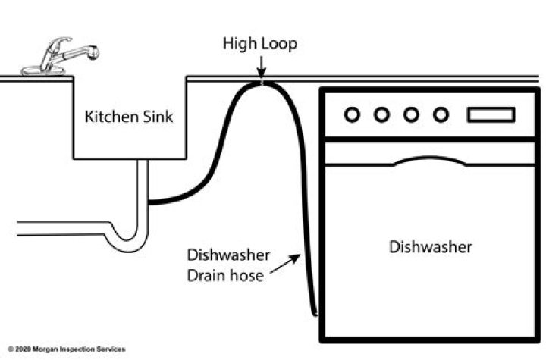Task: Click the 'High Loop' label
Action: (x=259, y=43)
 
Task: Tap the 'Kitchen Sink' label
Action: (x=128, y=117)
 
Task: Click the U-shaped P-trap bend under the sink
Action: (x=125, y=240)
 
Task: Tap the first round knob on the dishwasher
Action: (x=351, y=114)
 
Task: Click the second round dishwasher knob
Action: (x=381, y=114)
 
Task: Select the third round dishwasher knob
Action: (x=411, y=114)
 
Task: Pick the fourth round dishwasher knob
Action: (x=441, y=114)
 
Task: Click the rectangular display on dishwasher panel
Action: (x=491, y=114)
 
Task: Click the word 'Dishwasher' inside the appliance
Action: (x=430, y=246)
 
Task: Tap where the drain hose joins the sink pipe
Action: (x=150, y=202)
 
